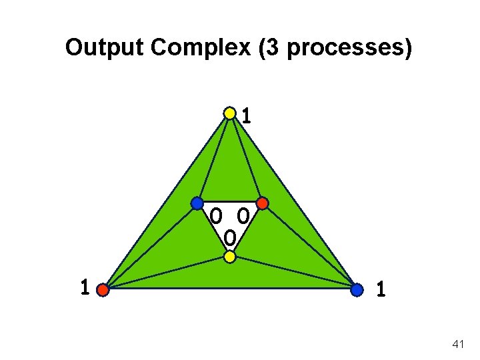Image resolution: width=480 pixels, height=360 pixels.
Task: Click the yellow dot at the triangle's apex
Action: (229, 113)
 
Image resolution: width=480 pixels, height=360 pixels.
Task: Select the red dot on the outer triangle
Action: (102, 290)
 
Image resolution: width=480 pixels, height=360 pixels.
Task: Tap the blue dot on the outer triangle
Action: (357, 290)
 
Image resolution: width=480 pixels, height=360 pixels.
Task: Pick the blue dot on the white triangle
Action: (197, 202)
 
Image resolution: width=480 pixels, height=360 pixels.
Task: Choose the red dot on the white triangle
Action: (262, 202)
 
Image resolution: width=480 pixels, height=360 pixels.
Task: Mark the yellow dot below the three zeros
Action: (229, 256)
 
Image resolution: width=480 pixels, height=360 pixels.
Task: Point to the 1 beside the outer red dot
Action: (84, 289)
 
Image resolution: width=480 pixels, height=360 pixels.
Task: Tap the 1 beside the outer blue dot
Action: (380, 289)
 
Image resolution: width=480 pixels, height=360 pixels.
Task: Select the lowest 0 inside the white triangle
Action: (229, 237)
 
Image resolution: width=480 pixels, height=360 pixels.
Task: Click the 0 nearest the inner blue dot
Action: (216, 216)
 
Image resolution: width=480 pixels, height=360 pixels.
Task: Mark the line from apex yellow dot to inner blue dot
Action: (213, 157)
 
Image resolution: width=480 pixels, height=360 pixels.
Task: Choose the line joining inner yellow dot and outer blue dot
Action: (293, 273)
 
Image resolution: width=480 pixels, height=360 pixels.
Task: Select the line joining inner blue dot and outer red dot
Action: (149, 246)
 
